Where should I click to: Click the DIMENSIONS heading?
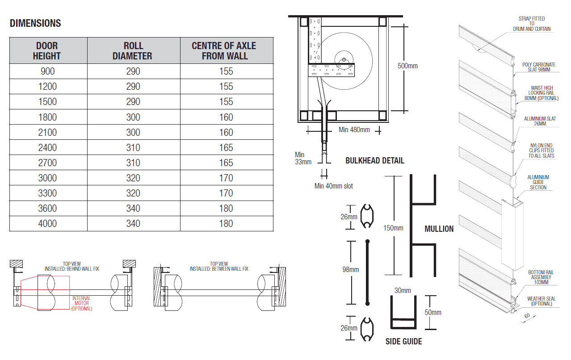tap(35, 23)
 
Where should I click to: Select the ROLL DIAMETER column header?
tap(133, 51)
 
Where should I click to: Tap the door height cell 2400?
tap(47, 147)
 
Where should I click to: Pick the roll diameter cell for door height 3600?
tap(133, 209)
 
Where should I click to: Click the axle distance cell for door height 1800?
tap(226, 117)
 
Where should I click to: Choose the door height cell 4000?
tap(47, 223)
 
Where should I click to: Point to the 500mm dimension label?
tap(407, 66)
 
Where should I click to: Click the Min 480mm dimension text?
tap(354, 130)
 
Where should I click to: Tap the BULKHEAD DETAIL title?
tap(375, 160)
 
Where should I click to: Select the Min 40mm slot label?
tap(333, 186)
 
